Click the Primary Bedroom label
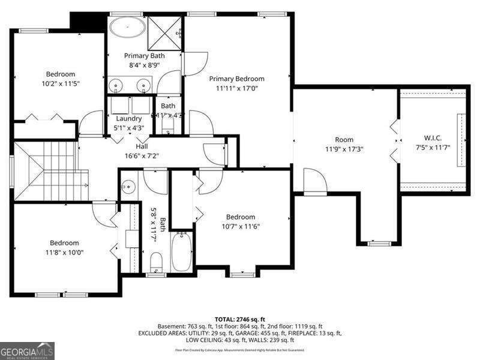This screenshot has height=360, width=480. click(236, 79)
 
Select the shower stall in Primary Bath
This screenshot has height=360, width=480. click(164, 28)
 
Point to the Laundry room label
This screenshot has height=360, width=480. click(129, 118)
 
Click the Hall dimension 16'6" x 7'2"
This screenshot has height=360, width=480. click(142, 155)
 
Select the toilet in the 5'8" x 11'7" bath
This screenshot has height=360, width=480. click(157, 262)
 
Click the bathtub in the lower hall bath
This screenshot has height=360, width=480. click(181, 253)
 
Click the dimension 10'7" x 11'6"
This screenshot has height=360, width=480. click(240, 226)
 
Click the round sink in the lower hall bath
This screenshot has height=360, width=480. click(127, 187)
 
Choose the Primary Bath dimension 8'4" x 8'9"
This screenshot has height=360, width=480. click(144, 65)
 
